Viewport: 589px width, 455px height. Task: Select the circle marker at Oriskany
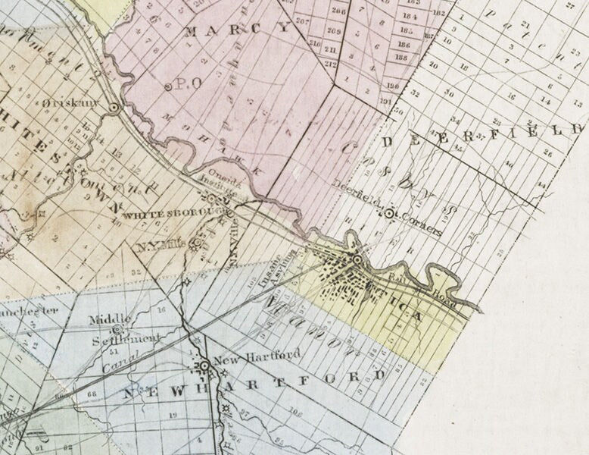[x=114, y=108]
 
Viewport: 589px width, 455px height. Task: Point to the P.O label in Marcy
[x=178, y=84]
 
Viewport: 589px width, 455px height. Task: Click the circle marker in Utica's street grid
[x=357, y=262]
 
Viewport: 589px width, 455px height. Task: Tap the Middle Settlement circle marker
[x=118, y=330]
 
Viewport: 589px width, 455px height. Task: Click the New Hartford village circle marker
[x=204, y=366]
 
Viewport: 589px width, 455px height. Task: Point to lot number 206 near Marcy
[x=338, y=11]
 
